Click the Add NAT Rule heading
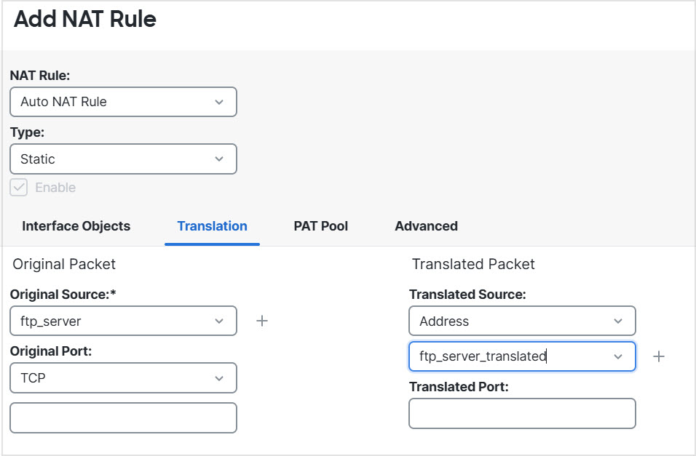tap(84, 20)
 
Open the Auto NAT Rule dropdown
tap(123, 102)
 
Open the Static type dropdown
tap(123, 159)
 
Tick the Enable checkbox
tap(19, 187)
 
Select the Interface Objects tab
tap(76, 226)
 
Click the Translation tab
tap(212, 226)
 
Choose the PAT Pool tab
tap(321, 226)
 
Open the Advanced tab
tap(426, 226)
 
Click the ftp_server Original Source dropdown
tap(123, 321)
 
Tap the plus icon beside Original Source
tap(262, 321)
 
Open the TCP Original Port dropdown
tap(123, 378)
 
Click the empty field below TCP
tap(123, 418)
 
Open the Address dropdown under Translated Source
tap(522, 321)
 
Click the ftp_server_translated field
tap(522, 356)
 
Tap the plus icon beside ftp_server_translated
tap(659, 356)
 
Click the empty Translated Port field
tap(522, 413)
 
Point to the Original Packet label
tap(64, 265)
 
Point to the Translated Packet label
tap(473, 265)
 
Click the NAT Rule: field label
tap(40, 76)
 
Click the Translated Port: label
tap(459, 387)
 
